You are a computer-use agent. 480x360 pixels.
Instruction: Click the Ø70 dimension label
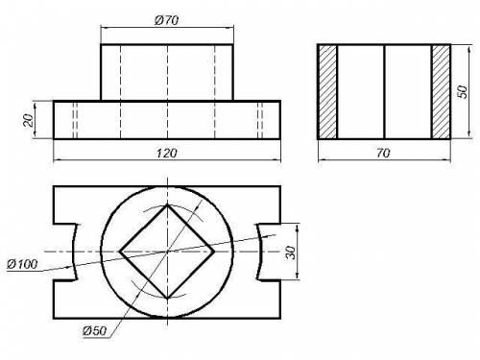[x=166, y=20]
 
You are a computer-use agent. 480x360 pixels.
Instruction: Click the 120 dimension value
[x=166, y=153]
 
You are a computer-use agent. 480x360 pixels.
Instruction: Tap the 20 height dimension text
[x=29, y=120]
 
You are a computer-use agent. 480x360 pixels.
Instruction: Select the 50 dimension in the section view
[x=463, y=91]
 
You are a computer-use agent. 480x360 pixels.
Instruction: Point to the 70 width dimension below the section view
[x=383, y=154]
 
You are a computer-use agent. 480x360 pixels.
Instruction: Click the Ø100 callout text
[x=22, y=264]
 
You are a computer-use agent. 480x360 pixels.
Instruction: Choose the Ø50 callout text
[x=94, y=330]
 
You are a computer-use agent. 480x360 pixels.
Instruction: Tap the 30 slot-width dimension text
[x=291, y=252]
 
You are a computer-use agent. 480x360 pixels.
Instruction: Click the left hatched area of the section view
[x=328, y=92]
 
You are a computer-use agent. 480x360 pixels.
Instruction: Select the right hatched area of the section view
[x=441, y=92]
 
